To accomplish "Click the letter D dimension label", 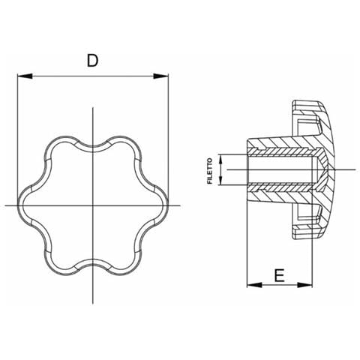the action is [x=92, y=61].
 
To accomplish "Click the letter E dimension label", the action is [x=279, y=275].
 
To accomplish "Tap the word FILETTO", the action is [x=210, y=171].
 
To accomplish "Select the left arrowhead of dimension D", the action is [x=25, y=76].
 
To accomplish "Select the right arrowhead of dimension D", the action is [x=160, y=76].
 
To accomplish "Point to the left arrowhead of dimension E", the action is [x=254, y=285].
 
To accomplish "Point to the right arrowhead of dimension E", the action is [x=304, y=285].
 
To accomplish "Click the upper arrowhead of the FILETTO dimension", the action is [x=220, y=159].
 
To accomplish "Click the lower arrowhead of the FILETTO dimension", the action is [x=220, y=181].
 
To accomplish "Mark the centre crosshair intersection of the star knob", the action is [x=93, y=205].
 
